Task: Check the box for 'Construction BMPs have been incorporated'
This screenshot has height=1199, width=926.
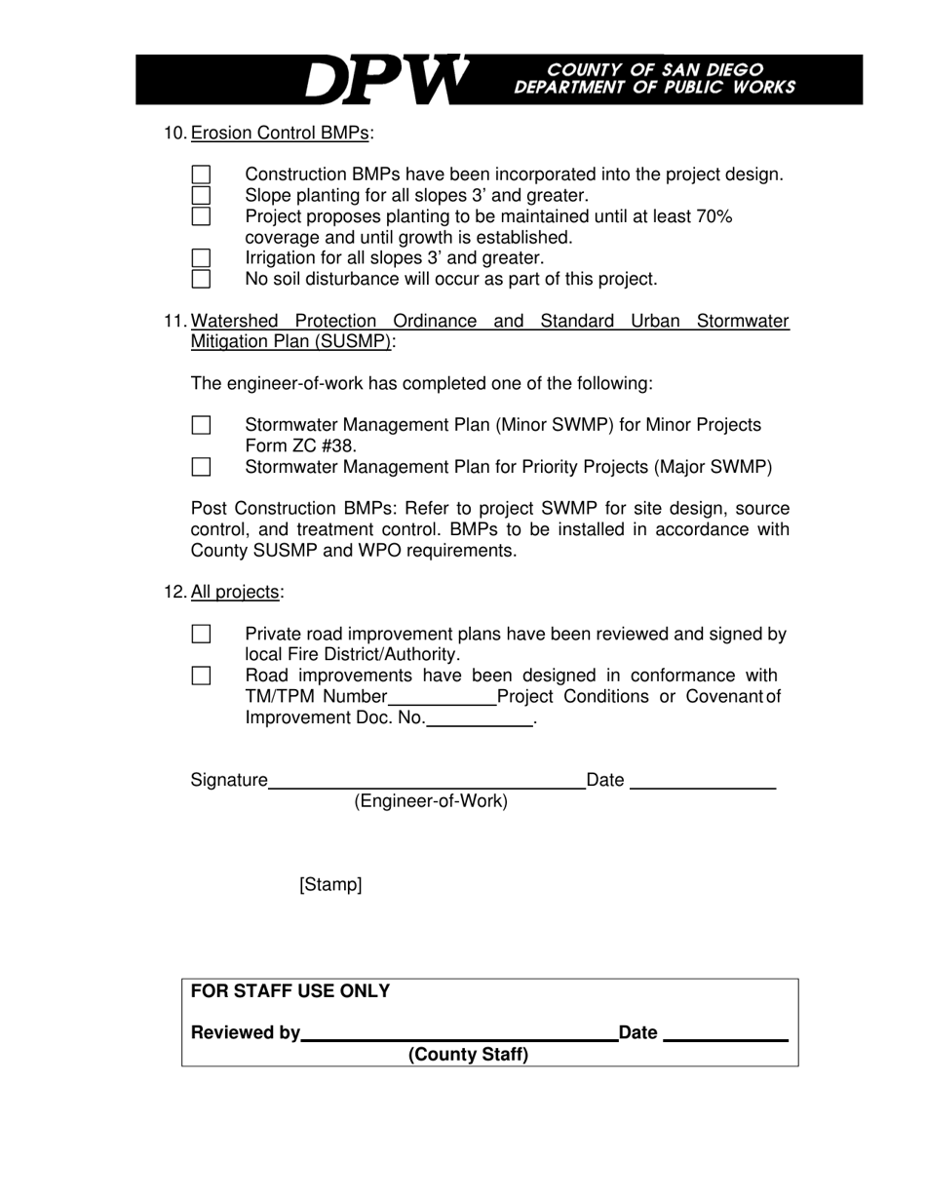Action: point(201,174)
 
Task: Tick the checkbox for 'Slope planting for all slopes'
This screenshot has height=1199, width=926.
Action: point(201,195)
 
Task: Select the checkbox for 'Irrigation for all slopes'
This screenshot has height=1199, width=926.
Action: point(201,258)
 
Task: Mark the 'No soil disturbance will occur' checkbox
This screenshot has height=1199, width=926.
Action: point(201,279)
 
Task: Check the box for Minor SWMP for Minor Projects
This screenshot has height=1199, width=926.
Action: point(201,425)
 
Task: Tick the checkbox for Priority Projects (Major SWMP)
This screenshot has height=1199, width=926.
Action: point(201,467)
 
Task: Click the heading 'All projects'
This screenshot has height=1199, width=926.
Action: point(235,593)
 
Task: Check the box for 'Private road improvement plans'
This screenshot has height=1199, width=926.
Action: point(201,635)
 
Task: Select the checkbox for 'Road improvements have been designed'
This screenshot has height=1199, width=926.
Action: point(201,676)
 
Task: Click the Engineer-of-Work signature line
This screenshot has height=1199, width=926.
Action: point(426,782)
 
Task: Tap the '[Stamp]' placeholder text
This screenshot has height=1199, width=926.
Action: point(330,885)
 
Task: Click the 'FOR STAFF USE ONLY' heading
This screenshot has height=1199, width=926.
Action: point(290,991)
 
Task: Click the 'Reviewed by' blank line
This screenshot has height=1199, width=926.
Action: point(459,1035)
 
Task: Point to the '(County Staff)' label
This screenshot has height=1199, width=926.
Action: point(468,1055)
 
